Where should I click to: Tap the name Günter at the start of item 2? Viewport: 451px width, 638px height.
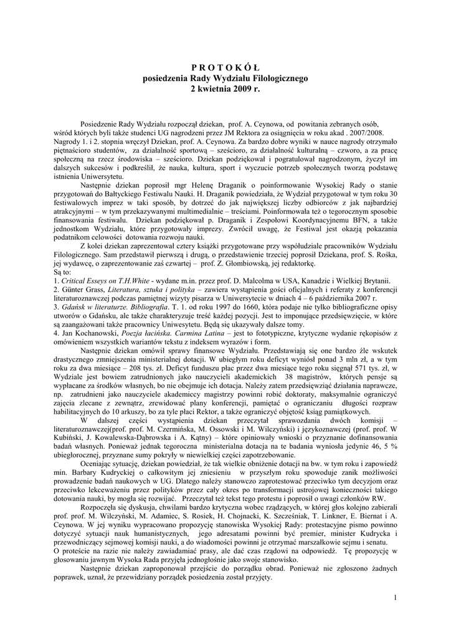point(72,307)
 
